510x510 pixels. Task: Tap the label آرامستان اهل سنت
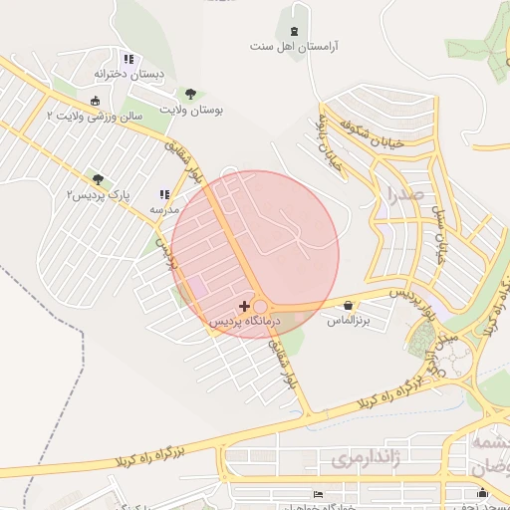coord(294,47)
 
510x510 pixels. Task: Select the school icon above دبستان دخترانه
coord(128,59)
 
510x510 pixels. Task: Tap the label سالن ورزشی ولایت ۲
coord(96,116)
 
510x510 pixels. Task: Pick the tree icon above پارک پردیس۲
coord(98,177)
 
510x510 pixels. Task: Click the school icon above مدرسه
coord(164,196)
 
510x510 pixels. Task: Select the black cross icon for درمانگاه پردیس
coord(245,305)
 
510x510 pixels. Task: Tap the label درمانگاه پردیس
coord(245,323)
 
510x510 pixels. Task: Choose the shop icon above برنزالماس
coord(348,305)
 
